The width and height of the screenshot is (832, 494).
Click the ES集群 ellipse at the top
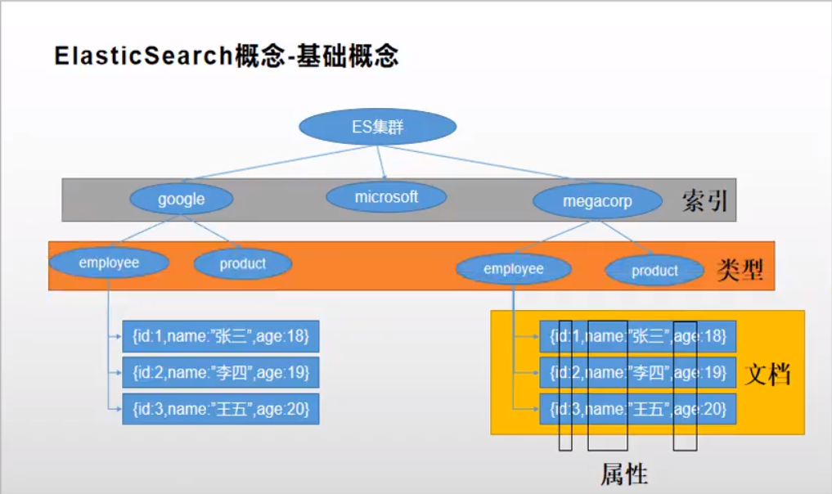click(377, 127)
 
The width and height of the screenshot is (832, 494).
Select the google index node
click(182, 199)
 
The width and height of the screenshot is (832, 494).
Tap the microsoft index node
click(386, 197)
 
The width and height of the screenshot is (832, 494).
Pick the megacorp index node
click(597, 201)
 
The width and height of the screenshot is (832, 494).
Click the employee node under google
click(109, 263)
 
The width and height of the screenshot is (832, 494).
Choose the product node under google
click(243, 263)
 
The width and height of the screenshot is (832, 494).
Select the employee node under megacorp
click(513, 269)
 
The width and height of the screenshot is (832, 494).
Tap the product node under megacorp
click(654, 271)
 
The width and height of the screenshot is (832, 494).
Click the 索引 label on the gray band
click(704, 201)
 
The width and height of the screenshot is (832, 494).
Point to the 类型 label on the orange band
click(740, 269)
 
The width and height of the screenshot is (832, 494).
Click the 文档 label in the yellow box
click(768, 375)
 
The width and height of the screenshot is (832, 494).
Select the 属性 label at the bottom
click(624, 474)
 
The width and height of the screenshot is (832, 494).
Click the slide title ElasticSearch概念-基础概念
click(227, 56)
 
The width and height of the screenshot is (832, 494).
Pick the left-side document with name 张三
click(220, 336)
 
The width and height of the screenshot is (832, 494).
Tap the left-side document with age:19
click(220, 373)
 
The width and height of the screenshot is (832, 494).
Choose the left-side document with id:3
click(220, 408)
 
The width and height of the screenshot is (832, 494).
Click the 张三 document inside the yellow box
click(638, 336)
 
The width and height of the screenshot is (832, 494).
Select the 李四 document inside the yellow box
click(638, 373)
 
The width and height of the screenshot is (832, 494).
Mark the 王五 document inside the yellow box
click(638, 408)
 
